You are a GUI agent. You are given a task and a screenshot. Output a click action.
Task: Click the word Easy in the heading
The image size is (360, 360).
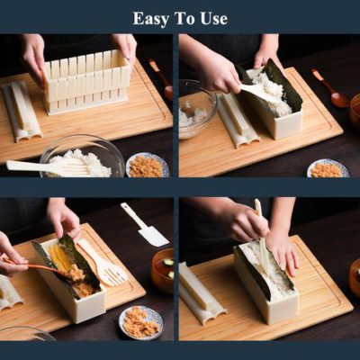(x=151, y=19)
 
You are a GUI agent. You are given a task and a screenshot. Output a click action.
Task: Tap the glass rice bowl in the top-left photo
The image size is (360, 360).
(x=83, y=157)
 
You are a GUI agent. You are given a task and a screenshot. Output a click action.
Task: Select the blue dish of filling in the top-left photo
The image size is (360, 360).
(x=148, y=165)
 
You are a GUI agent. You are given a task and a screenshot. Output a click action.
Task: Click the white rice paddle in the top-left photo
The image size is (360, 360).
(x=48, y=166)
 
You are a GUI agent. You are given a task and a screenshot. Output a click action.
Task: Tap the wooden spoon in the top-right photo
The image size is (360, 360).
(x=330, y=87)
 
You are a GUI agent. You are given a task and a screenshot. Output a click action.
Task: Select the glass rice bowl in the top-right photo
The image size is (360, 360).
(x=196, y=108)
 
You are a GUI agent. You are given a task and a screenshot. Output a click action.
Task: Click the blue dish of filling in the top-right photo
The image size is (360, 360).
(x=328, y=168)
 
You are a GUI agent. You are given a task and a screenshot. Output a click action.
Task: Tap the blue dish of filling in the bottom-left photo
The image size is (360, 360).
(x=141, y=322)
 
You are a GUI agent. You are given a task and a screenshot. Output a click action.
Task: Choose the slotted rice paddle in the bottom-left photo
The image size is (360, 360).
(x=102, y=262)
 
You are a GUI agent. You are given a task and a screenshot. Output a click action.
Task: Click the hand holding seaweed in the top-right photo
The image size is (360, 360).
(x=265, y=51)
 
